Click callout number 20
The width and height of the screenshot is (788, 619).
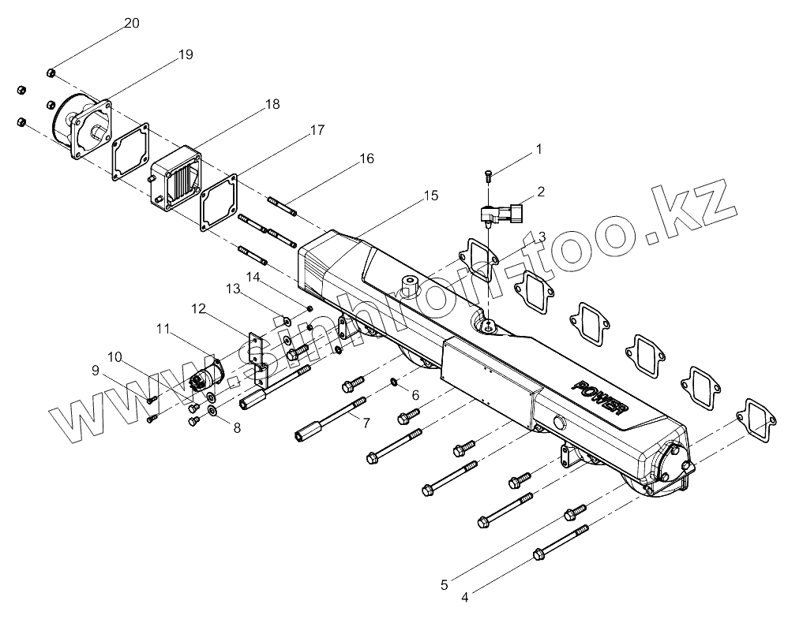pos(132,23)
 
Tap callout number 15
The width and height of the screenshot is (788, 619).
pos(430,195)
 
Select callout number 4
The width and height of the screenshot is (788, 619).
pos(464,597)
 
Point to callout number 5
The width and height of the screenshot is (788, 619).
pos(445,584)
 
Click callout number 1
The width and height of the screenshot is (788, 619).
pos(539,147)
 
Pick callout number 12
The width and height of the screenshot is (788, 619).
pos(198,308)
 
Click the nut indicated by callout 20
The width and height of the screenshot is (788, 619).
pos(51,73)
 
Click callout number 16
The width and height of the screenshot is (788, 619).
pos(366,158)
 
